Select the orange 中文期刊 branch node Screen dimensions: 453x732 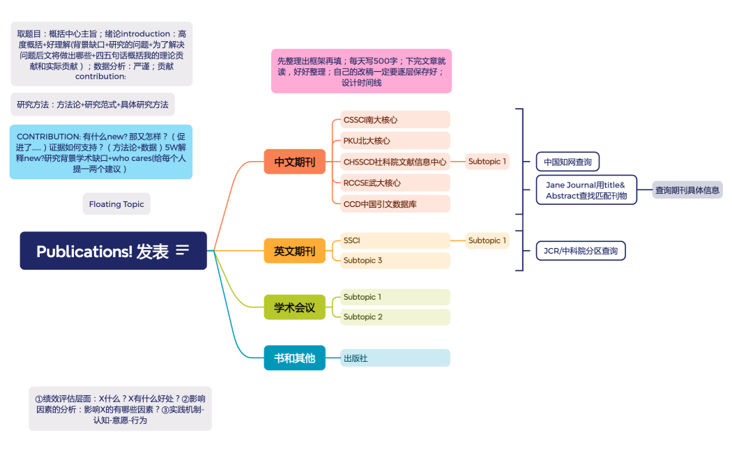point(294,162)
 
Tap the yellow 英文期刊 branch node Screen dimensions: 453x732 point(294,251)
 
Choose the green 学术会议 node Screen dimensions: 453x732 point(294,307)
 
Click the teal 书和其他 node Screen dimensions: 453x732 point(294,358)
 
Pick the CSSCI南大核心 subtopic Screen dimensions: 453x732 point(395,120)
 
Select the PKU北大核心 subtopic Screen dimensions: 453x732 point(395,141)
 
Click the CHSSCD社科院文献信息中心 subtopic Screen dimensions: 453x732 point(395,162)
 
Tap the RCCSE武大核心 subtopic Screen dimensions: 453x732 point(395,183)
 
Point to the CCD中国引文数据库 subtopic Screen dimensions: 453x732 point(395,204)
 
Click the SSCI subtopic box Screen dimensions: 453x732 point(395,240)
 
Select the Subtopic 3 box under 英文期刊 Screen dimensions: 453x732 point(395,261)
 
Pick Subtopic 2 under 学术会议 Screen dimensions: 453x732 point(395,317)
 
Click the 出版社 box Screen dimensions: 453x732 point(395,358)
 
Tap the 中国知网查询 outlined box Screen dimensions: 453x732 point(567,162)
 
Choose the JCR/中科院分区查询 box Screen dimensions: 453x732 point(580,251)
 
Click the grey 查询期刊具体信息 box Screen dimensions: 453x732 point(687,190)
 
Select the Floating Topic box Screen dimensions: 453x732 point(116,204)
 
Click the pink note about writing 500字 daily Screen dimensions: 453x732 point(361,71)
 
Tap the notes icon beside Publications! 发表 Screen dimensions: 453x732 point(183,250)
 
